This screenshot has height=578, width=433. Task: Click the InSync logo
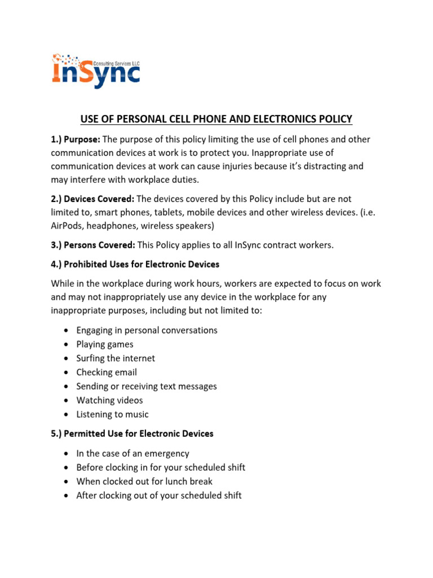(96, 70)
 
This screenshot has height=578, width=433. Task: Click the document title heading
(216, 119)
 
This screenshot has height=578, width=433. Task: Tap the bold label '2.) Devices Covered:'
(92, 198)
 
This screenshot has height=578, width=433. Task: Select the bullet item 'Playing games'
(105, 344)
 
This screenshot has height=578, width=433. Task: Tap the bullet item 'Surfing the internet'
(116, 358)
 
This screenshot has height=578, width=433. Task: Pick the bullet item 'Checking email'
(107, 373)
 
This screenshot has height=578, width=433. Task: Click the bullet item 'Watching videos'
(109, 400)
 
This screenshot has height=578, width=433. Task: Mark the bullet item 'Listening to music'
(112, 414)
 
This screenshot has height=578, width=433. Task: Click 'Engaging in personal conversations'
(147, 330)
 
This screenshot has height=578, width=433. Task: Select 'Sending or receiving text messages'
(147, 387)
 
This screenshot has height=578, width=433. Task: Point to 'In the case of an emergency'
(132, 453)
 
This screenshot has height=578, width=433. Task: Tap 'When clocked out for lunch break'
(144, 481)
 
